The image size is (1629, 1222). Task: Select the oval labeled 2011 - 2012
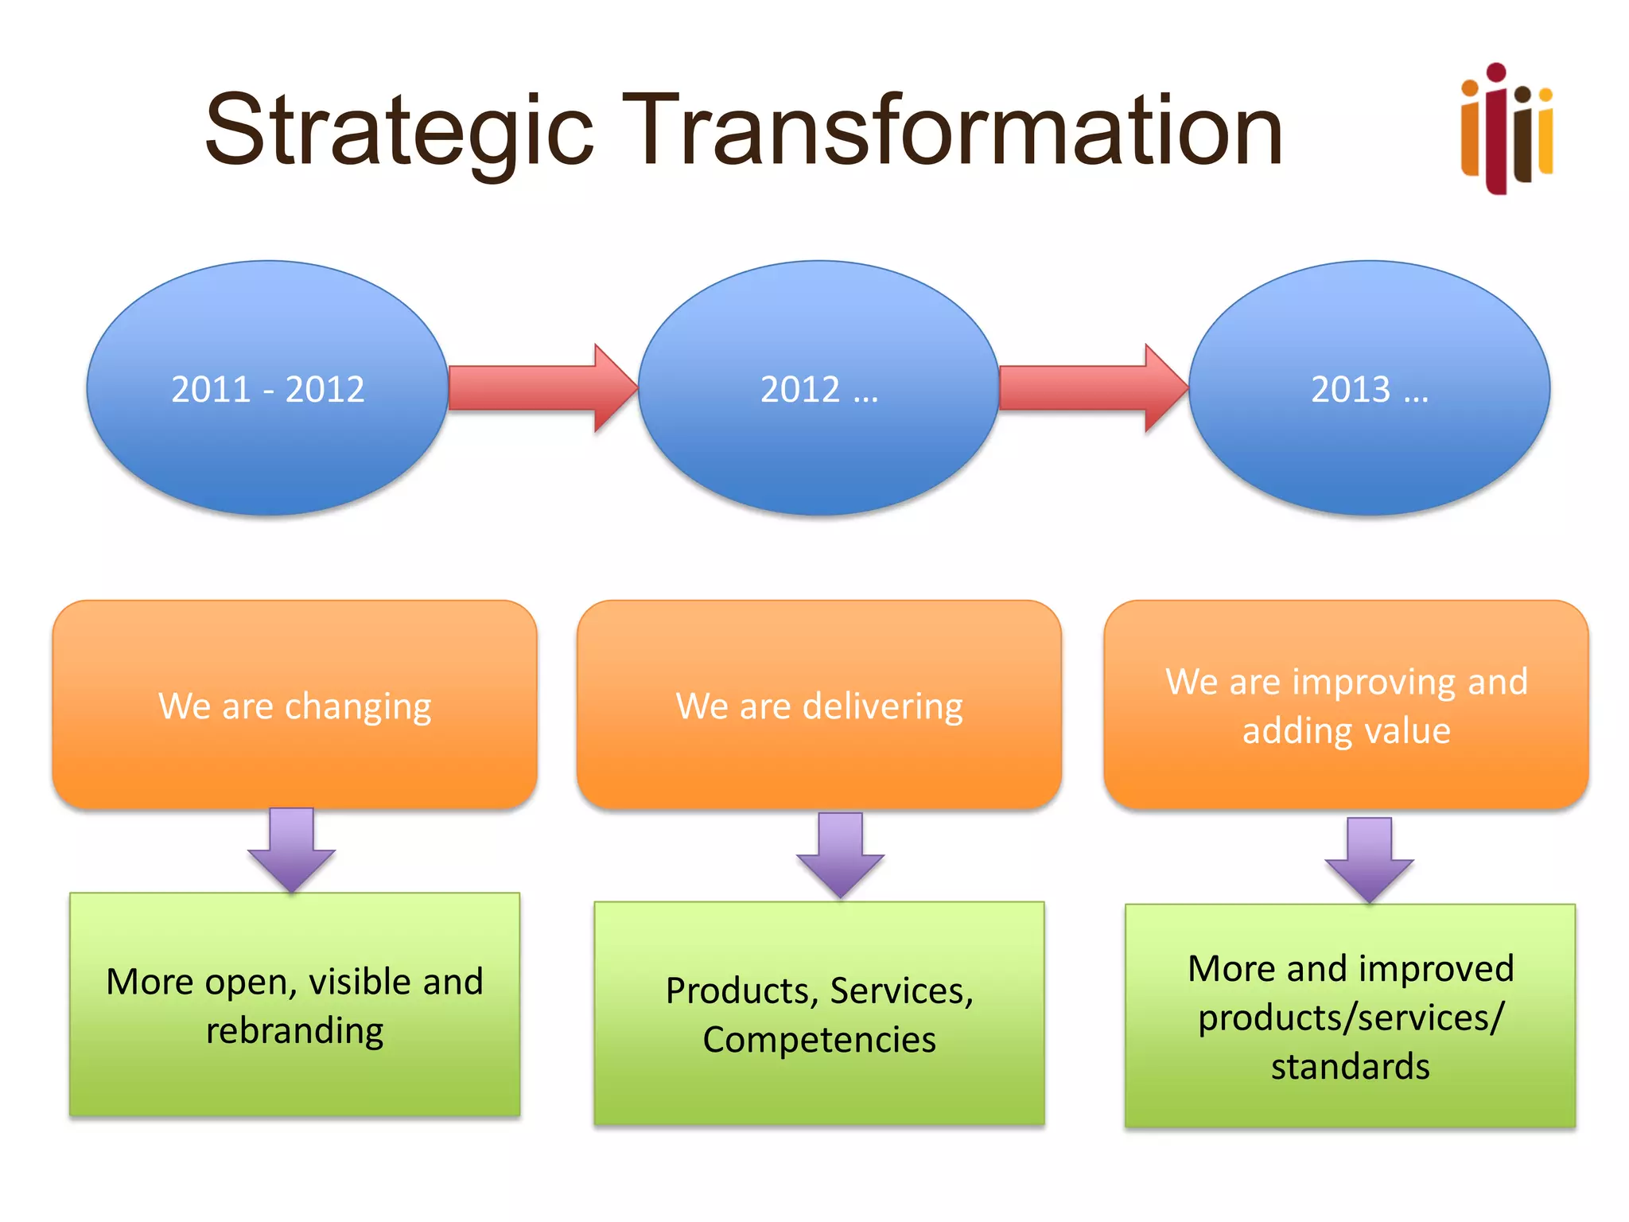click(267, 388)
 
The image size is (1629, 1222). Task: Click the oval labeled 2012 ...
click(818, 388)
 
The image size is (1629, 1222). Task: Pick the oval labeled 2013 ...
click(1369, 388)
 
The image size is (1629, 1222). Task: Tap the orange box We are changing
click(294, 705)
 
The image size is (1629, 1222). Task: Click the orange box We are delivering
click(819, 705)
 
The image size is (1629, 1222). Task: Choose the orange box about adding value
click(1346, 705)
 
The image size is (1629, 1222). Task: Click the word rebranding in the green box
click(294, 1031)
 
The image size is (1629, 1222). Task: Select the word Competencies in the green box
click(819, 1040)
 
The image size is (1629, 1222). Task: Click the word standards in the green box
click(1350, 1066)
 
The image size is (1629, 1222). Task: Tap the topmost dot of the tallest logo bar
click(1496, 72)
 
